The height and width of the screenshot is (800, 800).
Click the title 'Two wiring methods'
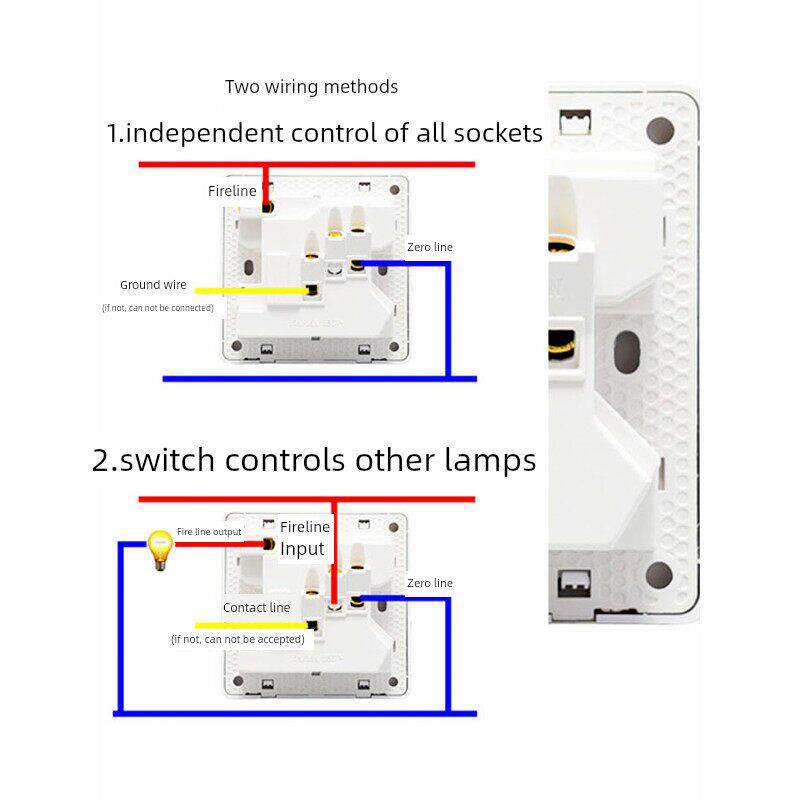tap(311, 87)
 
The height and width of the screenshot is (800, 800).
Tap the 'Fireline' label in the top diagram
tap(232, 191)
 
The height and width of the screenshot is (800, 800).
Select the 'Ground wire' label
tap(153, 285)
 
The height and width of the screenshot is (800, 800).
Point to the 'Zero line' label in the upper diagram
tap(430, 247)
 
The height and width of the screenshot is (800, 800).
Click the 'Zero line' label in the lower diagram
tap(430, 583)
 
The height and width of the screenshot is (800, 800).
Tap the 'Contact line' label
tap(256, 607)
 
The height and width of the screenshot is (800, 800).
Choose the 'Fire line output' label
tap(209, 532)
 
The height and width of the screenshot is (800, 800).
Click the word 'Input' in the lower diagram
tap(302, 549)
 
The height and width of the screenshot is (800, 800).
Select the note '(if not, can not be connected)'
tap(158, 308)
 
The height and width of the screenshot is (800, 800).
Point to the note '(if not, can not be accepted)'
tap(224, 638)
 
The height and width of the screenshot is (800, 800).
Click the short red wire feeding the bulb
tap(222, 544)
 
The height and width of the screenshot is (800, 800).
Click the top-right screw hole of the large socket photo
tap(660, 131)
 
